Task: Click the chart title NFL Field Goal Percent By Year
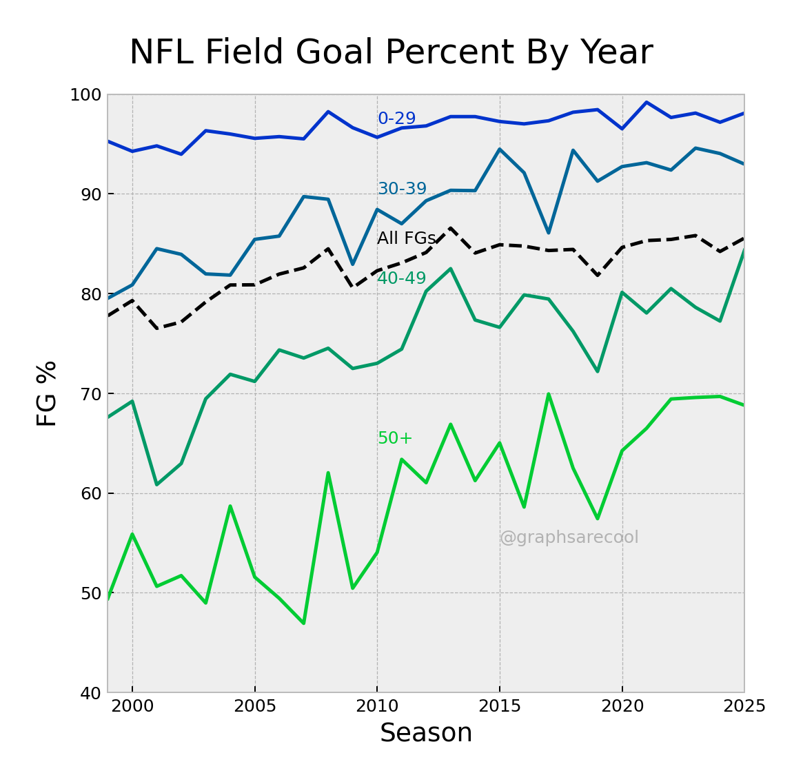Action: (x=391, y=53)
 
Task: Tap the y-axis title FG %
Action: (x=47, y=393)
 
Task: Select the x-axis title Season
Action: (x=426, y=733)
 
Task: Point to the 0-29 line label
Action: (x=396, y=118)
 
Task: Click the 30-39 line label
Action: (x=402, y=189)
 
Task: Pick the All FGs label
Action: (x=406, y=238)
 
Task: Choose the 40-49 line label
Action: (x=401, y=278)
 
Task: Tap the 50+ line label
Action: (x=394, y=438)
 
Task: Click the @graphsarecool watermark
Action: (x=569, y=537)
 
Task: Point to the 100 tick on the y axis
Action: (x=85, y=95)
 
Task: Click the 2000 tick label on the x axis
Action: (x=132, y=707)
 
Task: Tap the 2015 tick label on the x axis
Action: (x=500, y=707)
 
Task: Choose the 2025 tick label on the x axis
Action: (x=744, y=707)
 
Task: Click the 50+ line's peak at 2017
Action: (x=549, y=394)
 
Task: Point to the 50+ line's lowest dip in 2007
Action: (x=304, y=623)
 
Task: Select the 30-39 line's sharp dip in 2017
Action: (x=549, y=233)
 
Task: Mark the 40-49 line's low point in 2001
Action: (x=156, y=484)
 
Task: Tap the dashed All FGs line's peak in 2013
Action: (x=451, y=228)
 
